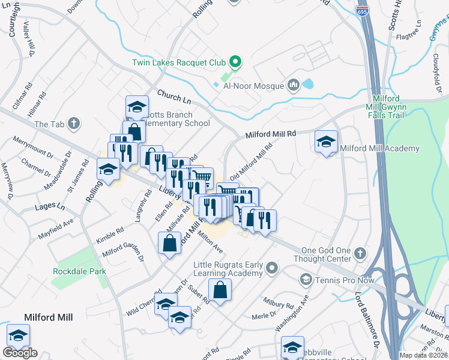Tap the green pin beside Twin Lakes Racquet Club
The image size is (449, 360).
coord(235,62)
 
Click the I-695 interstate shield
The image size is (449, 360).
coord(366,10)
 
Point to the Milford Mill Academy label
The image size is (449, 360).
coord(379,148)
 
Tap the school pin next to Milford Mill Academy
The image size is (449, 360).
coord(326,142)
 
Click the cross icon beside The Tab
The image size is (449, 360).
coord(73,124)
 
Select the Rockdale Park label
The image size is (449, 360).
coord(79,271)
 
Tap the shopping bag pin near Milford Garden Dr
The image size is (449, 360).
coord(169,244)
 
